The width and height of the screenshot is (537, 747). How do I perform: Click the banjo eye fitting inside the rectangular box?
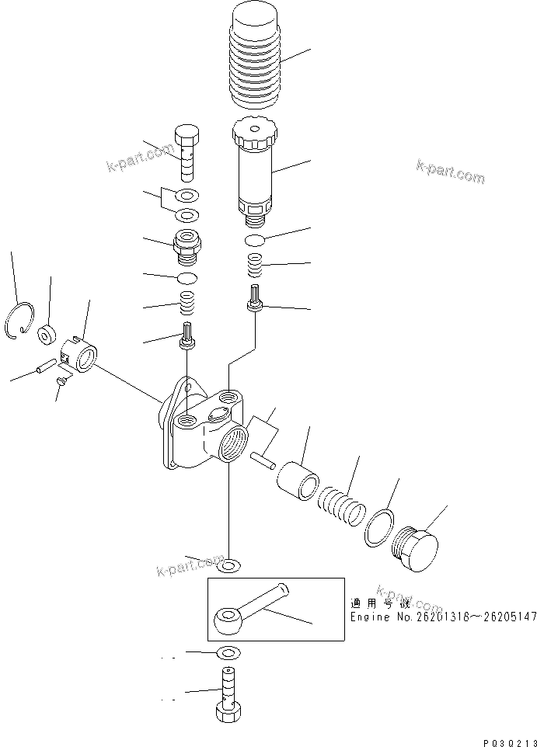click(x=228, y=620)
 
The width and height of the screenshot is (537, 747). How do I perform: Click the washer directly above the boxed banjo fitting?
click(x=229, y=565)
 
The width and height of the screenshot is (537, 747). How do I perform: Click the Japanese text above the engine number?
click(x=371, y=603)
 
